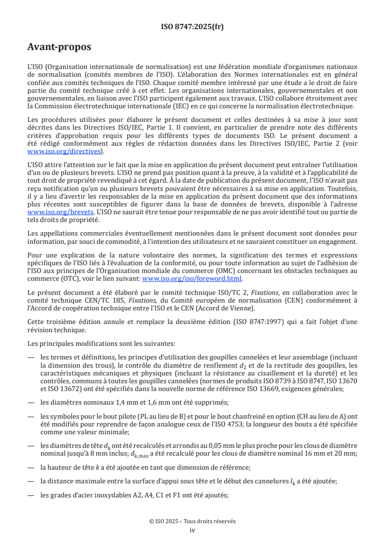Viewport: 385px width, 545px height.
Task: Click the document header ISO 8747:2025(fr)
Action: [192, 27]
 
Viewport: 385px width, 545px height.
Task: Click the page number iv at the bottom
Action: [192, 530]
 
